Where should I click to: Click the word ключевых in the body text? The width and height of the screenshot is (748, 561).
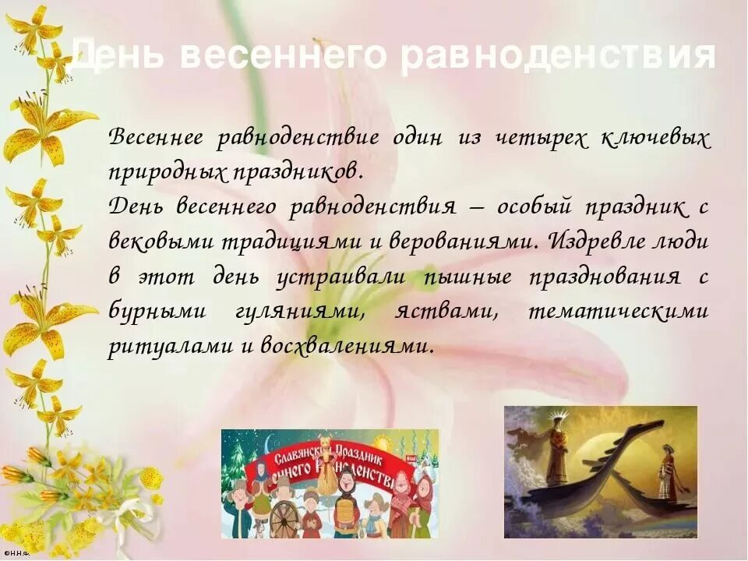pyautogui.click(x=655, y=139)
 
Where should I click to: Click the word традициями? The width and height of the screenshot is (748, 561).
pyautogui.click(x=281, y=242)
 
